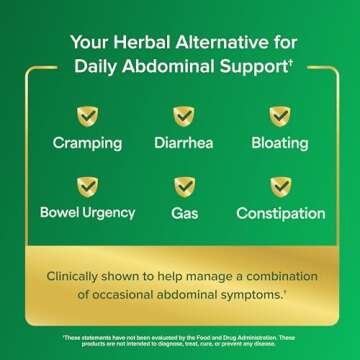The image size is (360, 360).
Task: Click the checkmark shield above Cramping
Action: (x=88, y=117)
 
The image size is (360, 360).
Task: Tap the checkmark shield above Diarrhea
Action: (x=184, y=117)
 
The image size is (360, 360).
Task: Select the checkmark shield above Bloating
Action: (x=280, y=117)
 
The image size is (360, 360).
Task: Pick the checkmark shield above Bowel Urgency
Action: (x=88, y=187)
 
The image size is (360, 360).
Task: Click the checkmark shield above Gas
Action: (x=184, y=187)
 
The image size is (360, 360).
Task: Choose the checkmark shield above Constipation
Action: (x=280, y=187)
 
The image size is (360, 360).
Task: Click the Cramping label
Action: (x=88, y=143)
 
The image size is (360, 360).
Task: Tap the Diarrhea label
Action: (x=184, y=143)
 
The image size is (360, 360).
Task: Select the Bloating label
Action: (x=280, y=143)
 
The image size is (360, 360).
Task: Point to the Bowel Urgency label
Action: (x=88, y=213)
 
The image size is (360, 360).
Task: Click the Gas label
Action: (x=184, y=213)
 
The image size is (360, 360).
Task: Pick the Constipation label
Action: (x=280, y=213)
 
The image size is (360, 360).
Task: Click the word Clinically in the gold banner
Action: (x=79, y=275)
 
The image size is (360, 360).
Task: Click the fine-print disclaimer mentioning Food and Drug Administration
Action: (x=180, y=340)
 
